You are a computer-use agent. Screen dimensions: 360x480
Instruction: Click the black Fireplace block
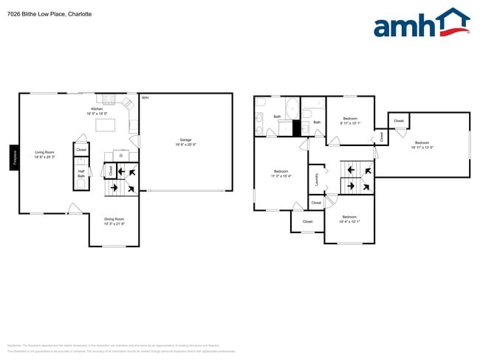pos(13,157)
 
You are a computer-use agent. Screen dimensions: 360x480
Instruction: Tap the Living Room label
pos(45,153)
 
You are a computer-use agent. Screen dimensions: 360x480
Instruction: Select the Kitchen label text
pos(96,108)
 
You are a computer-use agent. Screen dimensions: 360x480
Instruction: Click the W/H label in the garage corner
pos(145,97)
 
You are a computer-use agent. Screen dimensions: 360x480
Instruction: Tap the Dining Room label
pos(113,218)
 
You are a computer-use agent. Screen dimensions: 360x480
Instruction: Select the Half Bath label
pos(81,173)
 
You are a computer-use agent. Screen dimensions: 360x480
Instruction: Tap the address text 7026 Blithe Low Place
pos(44,13)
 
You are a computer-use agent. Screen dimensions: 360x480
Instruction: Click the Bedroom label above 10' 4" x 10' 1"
pos(349,216)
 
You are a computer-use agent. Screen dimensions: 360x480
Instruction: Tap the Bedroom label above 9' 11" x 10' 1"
pos(349,118)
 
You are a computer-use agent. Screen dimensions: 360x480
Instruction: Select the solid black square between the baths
pos(299,128)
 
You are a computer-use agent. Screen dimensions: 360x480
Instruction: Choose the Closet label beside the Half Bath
pos(81,150)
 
